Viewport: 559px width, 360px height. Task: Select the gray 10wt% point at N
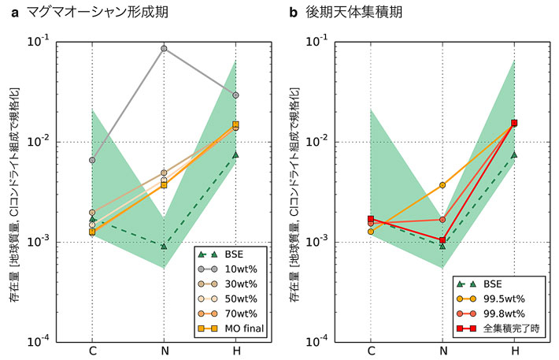[164, 49]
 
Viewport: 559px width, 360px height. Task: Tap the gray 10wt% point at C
[92, 160]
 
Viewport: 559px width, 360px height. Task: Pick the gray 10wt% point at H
[235, 95]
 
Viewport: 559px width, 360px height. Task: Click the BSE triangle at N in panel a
[164, 247]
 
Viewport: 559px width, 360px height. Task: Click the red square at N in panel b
[442, 240]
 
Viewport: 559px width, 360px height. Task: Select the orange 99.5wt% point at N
[442, 185]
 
